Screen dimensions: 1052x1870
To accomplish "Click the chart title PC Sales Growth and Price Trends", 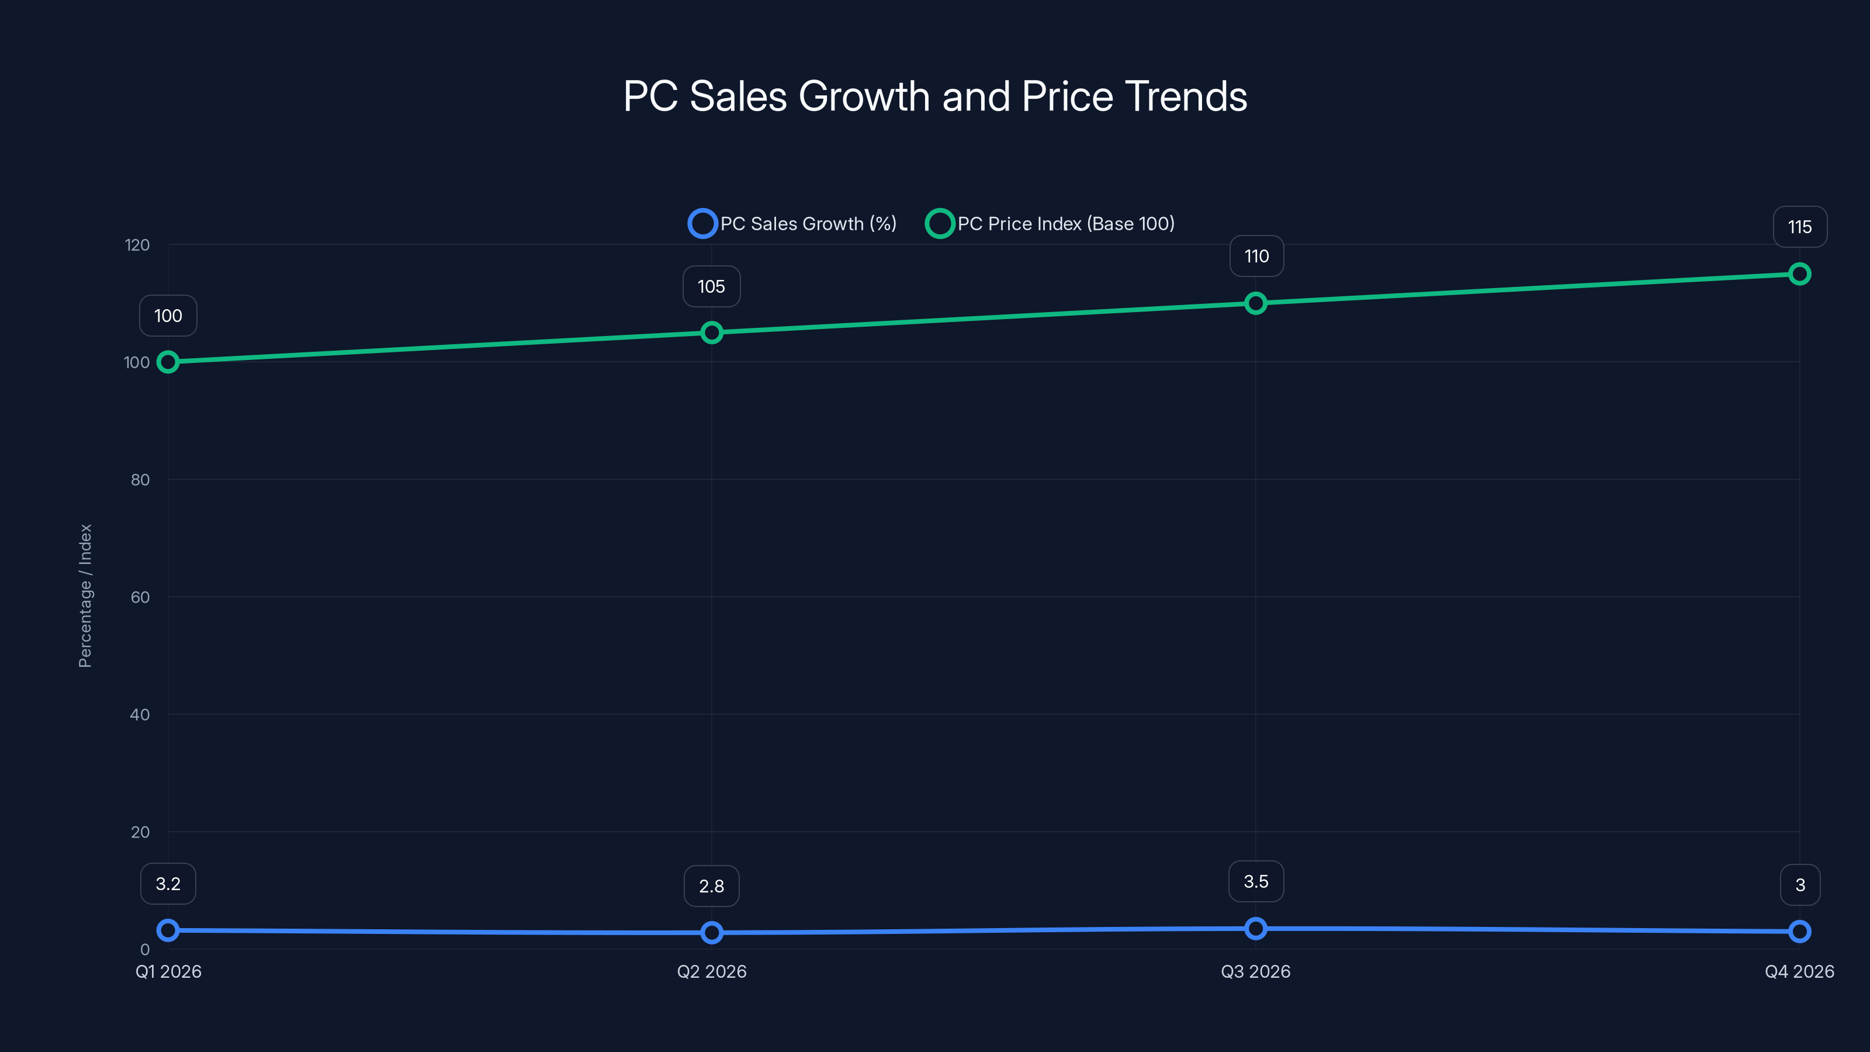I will [935, 96].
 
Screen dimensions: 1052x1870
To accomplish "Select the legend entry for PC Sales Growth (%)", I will [793, 224].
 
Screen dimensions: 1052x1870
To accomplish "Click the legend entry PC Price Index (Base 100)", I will [1051, 224].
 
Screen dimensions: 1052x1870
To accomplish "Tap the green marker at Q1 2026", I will [168, 362].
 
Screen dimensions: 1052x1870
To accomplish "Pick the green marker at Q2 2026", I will [711, 333].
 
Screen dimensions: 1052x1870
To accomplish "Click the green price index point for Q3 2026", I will [1255, 303].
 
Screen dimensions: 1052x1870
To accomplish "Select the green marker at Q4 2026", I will [1799, 274].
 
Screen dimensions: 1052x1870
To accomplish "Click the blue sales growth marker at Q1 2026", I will [168, 930].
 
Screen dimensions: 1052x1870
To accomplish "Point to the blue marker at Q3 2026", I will [1255, 929].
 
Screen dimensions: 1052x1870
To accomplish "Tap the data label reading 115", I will [1799, 227].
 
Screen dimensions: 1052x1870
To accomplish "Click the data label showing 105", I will [711, 287].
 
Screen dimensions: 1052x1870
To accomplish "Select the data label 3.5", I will [1255, 881].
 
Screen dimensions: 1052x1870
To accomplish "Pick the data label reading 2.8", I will [711, 887].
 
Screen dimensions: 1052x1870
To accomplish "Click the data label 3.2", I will [168, 884].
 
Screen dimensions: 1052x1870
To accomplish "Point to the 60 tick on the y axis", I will [140, 597].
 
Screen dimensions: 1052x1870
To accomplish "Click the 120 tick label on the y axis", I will [137, 245].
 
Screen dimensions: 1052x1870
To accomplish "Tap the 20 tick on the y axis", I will [140, 833].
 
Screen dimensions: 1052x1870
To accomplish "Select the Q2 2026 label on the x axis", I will [711, 971].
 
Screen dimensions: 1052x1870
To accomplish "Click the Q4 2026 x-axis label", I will [1799, 971].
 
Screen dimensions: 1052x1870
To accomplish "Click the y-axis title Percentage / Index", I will [85, 596].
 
